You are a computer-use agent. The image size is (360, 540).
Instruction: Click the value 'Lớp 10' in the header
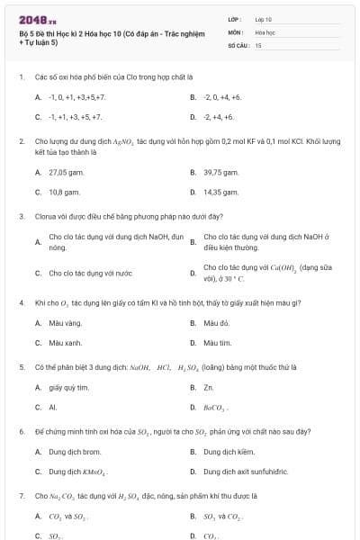(263, 19)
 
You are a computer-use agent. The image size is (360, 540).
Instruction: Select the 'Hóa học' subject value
(265, 31)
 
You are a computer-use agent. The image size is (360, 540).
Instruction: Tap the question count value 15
(258, 44)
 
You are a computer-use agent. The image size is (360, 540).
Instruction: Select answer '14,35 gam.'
(220, 192)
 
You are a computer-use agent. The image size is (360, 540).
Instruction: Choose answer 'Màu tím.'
(218, 343)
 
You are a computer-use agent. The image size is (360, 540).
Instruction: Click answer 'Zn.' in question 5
(208, 387)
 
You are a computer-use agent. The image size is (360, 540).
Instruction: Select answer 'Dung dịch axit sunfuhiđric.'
(248, 472)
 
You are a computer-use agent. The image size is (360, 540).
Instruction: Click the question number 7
(21, 496)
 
